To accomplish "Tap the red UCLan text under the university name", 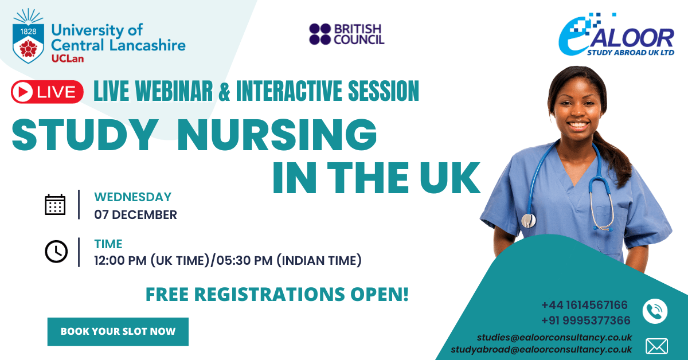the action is click(x=68, y=58).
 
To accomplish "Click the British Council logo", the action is click(x=347, y=34).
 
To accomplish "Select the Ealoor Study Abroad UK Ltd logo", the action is click(x=616, y=35).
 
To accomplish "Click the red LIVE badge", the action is click(x=47, y=92).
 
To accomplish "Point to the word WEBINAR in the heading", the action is click(x=174, y=91).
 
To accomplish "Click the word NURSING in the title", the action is click(x=277, y=135).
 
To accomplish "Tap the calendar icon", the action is click(x=55, y=204).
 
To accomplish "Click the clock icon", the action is click(x=56, y=252).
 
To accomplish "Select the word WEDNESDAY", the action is click(x=132, y=197).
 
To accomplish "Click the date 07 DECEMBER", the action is click(x=135, y=215).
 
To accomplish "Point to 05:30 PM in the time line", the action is click(x=244, y=260).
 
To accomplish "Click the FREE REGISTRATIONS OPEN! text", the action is click(x=277, y=294).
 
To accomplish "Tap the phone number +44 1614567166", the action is click(x=584, y=305).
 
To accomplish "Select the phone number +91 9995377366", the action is click(x=586, y=320).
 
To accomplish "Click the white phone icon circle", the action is click(x=655, y=311).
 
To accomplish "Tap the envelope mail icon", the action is click(x=656, y=346).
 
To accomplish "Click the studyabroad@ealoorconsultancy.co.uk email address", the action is click(x=541, y=350).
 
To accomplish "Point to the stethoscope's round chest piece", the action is click(x=529, y=221).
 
